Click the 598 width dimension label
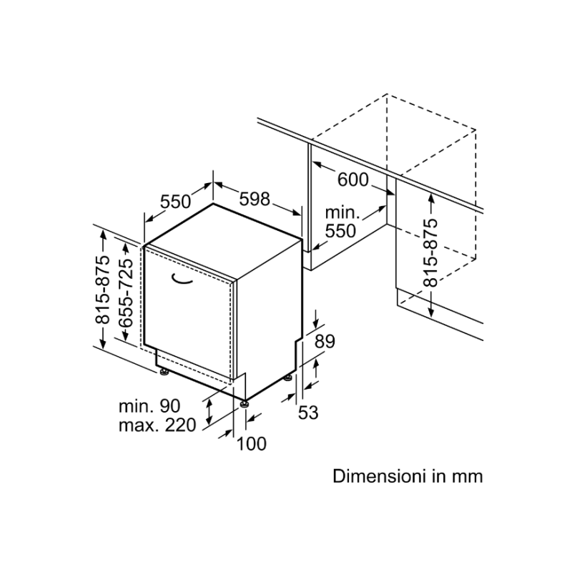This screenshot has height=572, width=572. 255,199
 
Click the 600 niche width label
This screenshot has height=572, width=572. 353,180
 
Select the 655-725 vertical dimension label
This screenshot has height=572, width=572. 126,292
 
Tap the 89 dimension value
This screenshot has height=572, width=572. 325,342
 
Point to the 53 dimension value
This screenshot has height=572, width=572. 308,413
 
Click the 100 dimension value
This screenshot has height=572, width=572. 252,444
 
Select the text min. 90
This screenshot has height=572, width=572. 149,406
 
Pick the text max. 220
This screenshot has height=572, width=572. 157,425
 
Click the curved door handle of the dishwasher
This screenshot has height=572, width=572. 182,278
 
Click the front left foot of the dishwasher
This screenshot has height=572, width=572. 164,372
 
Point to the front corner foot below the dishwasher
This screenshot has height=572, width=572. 244,404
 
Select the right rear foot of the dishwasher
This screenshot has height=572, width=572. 288,378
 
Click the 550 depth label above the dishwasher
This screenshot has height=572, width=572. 176,202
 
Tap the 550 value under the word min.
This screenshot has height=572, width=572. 340,231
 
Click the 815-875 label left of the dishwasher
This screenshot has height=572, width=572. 102,290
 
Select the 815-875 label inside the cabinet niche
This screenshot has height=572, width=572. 430,252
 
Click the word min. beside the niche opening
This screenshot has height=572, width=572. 342,212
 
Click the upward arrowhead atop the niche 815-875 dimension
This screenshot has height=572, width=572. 431,198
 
